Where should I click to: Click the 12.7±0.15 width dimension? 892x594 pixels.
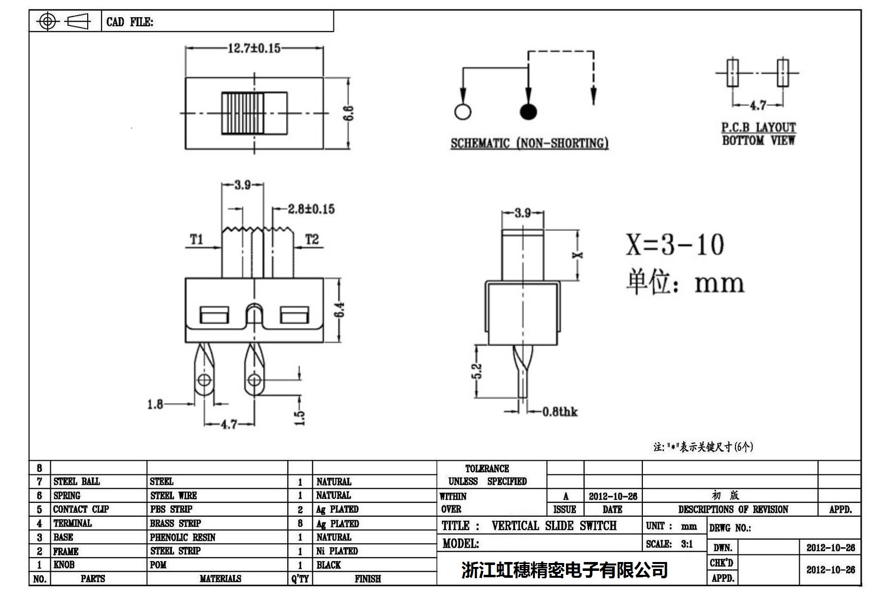coord(254,48)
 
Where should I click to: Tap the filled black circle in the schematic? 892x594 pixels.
coord(528,112)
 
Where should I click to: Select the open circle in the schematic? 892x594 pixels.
coord(463,112)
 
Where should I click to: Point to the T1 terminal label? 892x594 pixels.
coord(197,240)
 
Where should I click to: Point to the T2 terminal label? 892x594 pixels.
coord(312,240)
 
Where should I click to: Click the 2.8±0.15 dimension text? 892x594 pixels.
coord(311,209)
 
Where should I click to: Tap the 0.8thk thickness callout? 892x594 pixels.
coord(560,412)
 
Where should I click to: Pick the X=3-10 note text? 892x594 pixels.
coord(675,245)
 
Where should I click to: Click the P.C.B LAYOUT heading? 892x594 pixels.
coord(758,127)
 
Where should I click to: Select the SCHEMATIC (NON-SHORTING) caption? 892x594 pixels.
coord(529,143)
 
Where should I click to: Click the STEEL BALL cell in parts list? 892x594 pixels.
coord(77,481)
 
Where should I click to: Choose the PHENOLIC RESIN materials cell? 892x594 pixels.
coord(183,537)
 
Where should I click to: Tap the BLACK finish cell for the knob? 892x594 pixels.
coord(329,565)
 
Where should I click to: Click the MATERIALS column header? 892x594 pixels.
coord(220,579)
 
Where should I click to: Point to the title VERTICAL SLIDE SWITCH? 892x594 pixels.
coord(554,526)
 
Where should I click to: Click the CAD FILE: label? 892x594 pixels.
coord(130,22)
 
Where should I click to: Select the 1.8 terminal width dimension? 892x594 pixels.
coord(155,405)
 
